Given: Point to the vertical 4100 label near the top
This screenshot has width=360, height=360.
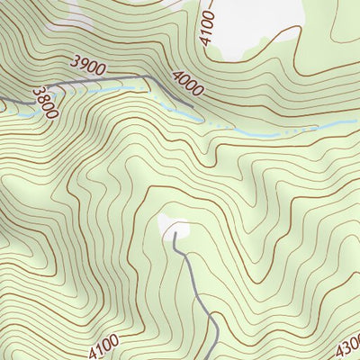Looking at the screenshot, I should click(x=208, y=27).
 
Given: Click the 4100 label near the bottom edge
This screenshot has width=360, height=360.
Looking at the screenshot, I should click(x=103, y=343).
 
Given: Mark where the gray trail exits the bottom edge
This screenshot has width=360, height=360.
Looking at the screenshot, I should click(x=215, y=357).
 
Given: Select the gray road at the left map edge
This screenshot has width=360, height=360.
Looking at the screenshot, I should click(x=3, y=99).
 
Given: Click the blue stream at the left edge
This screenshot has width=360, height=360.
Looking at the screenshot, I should click(x=3, y=110).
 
